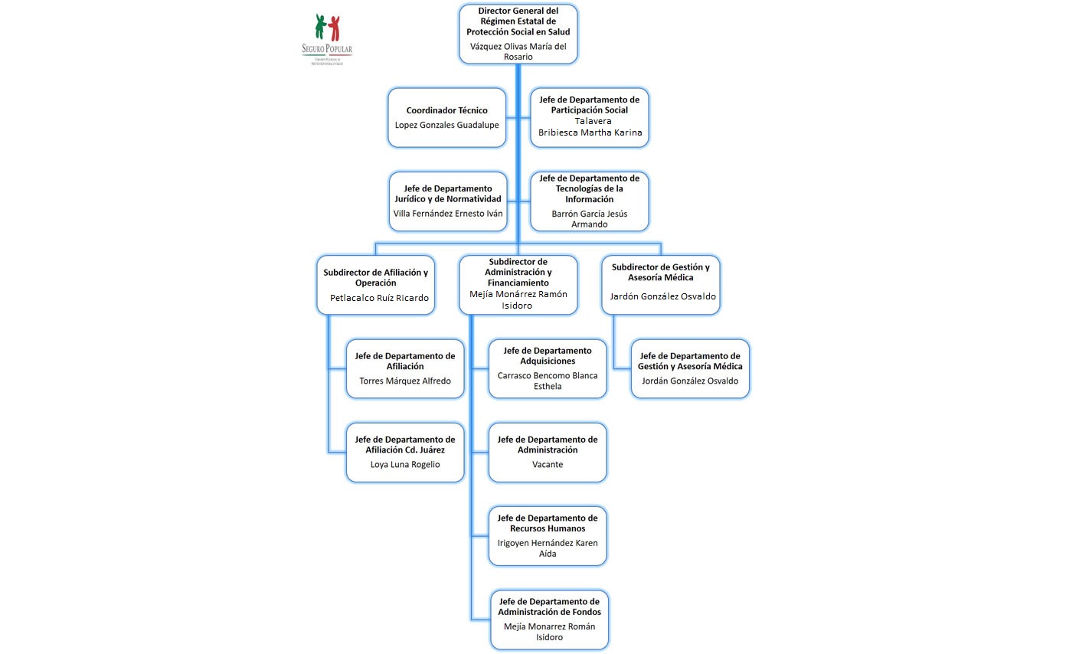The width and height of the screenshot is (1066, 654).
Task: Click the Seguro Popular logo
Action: pos(327,38)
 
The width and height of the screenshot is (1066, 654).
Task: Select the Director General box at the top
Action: pos(518,34)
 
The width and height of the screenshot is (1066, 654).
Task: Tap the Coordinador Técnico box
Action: pos(446,117)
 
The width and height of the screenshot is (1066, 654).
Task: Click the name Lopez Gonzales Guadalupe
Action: pos(446,125)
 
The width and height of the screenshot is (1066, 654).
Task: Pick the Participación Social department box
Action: pos(590,116)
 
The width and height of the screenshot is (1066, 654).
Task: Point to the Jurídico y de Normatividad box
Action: pos(448,201)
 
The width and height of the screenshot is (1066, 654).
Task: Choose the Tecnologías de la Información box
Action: pos(590,201)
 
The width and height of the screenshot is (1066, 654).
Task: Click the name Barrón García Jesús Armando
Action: pos(590,219)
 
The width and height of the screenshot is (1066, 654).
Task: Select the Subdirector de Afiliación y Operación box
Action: pos(375,284)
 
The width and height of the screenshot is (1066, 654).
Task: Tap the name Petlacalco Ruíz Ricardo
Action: pos(379,298)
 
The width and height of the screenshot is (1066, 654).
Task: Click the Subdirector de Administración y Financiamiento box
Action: pos(518,284)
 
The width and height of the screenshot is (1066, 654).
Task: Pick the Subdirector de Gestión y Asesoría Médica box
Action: pos(660,284)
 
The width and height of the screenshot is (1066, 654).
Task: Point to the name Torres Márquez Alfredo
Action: pos(405,381)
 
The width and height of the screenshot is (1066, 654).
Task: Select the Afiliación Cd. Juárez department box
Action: pos(405,452)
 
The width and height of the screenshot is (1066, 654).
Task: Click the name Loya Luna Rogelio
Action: pos(405,464)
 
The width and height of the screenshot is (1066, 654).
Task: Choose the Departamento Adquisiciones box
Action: pos(548,368)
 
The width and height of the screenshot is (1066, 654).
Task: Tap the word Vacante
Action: pos(548,464)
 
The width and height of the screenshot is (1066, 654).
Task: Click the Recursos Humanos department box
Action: pos(548,535)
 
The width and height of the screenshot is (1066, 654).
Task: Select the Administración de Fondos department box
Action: pos(549,620)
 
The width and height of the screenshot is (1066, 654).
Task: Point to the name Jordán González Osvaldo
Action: pos(690,381)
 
